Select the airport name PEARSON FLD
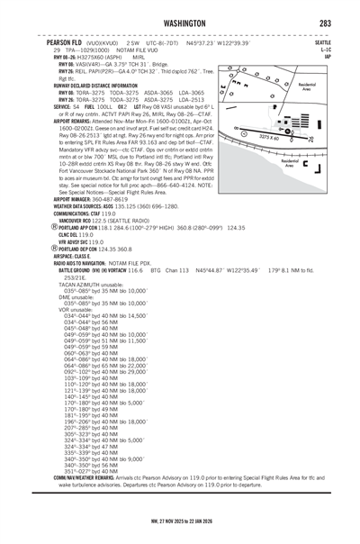[66, 42]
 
